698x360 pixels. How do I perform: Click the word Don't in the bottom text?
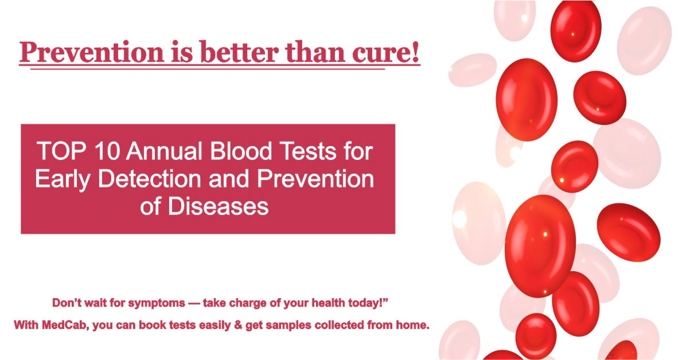pos(66,302)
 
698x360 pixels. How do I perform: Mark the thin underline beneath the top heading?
pos(206,69)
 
